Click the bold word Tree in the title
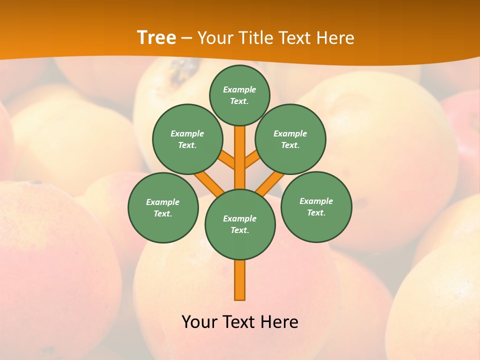[156, 37]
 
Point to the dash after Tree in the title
[186, 38]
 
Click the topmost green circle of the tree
[239, 95]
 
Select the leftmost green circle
[163, 207]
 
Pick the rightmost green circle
[316, 207]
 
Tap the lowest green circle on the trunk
[240, 224]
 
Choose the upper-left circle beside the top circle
[187, 139]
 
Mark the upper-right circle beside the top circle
[290, 139]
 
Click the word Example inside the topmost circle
[239, 89]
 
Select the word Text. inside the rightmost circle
[316, 213]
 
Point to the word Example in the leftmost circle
[162, 202]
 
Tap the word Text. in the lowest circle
[239, 230]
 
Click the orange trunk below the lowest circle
[240, 280]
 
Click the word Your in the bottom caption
[199, 322]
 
